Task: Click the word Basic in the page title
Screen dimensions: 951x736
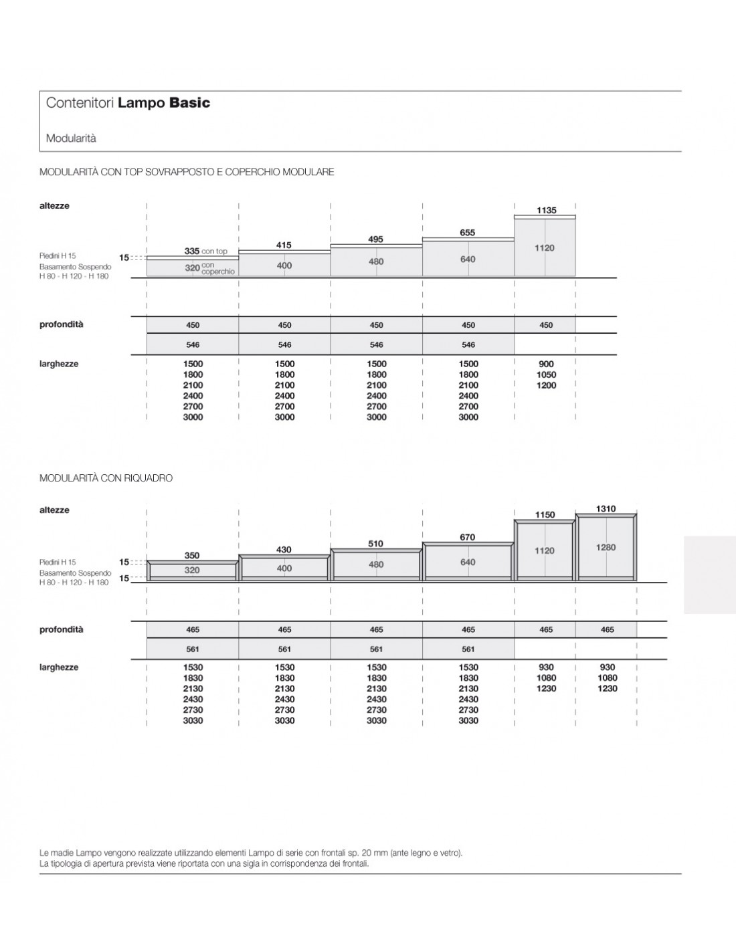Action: tap(189, 103)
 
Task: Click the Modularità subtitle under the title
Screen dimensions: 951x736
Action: tap(71, 138)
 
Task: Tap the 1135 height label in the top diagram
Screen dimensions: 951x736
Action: tap(546, 211)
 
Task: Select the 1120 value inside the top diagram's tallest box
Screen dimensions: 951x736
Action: tap(544, 248)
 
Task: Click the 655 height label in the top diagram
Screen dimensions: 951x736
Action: tap(467, 233)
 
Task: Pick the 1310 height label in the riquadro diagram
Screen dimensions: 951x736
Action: tap(606, 509)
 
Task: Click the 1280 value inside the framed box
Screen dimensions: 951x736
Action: tap(606, 548)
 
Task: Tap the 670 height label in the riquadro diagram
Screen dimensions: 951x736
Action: tap(467, 537)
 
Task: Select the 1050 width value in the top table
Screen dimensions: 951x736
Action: tap(546, 375)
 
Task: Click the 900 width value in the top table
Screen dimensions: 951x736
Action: tap(546, 364)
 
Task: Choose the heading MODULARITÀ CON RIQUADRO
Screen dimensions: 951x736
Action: tap(106, 478)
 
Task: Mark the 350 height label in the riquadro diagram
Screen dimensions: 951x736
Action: tap(192, 556)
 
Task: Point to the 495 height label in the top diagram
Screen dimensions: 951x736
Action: tap(375, 239)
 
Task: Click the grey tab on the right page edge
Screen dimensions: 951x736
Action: tap(709, 573)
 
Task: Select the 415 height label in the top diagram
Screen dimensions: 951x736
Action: tap(284, 245)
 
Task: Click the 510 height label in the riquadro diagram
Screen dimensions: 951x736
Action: tap(375, 544)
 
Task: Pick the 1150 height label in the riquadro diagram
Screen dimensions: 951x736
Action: tap(545, 515)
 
